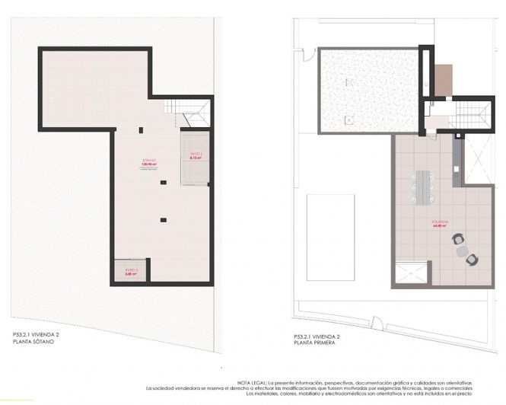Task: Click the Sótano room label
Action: [x=149, y=161]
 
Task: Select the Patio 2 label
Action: [x=130, y=271]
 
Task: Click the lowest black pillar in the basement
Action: [x=163, y=220]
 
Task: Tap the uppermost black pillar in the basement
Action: [x=141, y=130]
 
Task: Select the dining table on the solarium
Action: [x=421, y=187]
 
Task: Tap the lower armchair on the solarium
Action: [x=472, y=260]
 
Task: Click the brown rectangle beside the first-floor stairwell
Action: [x=443, y=81]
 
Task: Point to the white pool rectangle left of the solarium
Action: [x=329, y=238]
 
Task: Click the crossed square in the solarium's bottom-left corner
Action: [x=412, y=272]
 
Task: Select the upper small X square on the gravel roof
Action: [x=349, y=81]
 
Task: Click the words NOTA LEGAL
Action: [x=250, y=382]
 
